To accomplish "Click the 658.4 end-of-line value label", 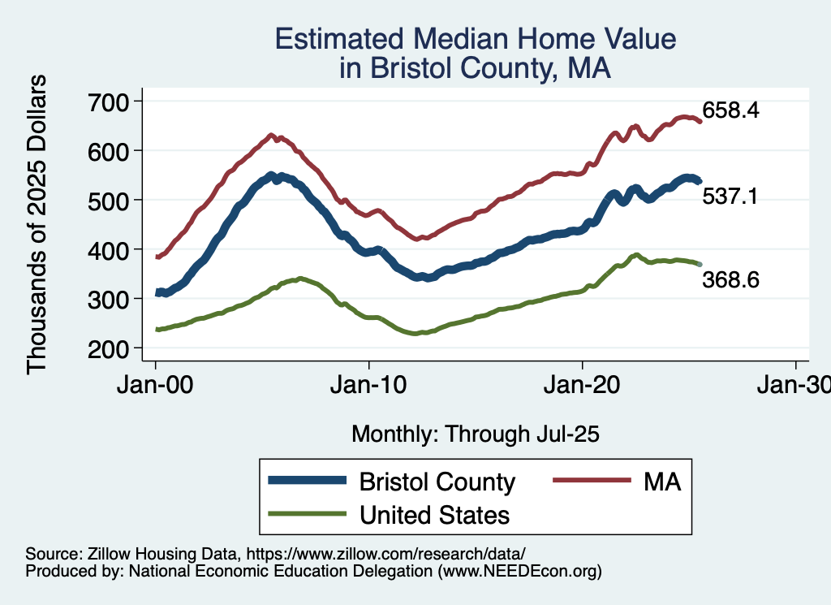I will click(730, 111).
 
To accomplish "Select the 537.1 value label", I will click(730, 196).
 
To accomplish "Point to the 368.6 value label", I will click(730, 280).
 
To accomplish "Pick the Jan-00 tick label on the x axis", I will click(155, 386).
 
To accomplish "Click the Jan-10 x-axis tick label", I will click(369, 386).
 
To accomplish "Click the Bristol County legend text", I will click(437, 482).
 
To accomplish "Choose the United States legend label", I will click(435, 514).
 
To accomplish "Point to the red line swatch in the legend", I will click(593, 481).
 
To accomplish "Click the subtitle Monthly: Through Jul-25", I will click(475, 434).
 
